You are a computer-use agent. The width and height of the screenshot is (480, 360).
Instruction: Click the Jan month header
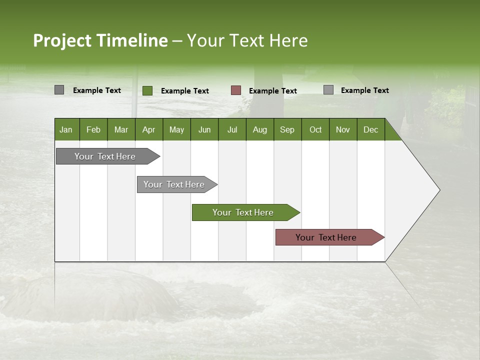(66, 129)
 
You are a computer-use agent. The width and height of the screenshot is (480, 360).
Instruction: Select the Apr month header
(149, 129)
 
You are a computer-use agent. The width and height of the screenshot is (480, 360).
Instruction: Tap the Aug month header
(259, 129)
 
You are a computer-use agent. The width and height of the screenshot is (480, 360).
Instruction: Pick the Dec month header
(370, 129)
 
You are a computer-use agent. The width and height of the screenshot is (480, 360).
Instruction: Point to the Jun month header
(204, 129)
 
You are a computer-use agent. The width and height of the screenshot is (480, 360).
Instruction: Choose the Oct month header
(315, 129)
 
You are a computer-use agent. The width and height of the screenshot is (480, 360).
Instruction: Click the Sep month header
(287, 129)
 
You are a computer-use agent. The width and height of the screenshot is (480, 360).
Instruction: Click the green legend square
(147, 90)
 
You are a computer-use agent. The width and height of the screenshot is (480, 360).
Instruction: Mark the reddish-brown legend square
(236, 90)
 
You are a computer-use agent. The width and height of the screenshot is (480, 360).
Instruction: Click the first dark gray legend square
(59, 90)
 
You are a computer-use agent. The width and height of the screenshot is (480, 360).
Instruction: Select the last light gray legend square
(328, 90)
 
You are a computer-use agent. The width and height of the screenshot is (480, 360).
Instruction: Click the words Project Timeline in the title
(100, 40)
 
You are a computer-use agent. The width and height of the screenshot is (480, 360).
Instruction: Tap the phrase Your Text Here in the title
(247, 40)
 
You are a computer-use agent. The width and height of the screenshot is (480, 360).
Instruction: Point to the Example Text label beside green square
(185, 91)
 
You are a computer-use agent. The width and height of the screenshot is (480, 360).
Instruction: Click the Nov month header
(343, 129)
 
